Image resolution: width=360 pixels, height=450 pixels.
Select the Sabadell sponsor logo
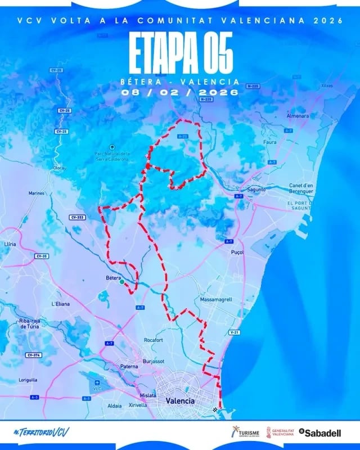point(320,433)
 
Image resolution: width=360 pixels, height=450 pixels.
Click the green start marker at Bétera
point(122,282)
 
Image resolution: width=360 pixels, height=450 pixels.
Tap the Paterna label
point(129,366)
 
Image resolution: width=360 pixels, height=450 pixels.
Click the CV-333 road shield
point(76,217)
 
